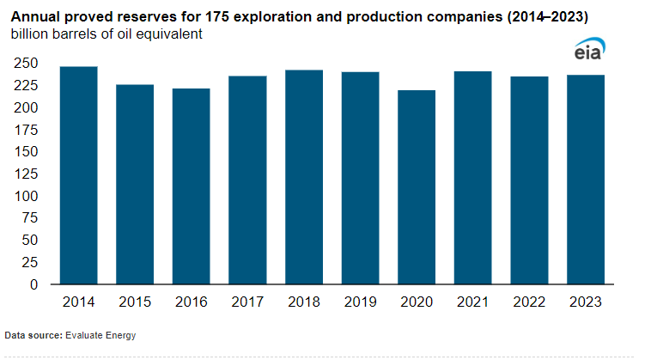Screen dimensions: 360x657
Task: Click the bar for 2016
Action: tap(190, 186)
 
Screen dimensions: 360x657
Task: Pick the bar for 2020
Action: tap(417, 186)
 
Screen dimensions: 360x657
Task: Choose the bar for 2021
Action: tap(473, 178)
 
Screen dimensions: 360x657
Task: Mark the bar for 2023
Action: tap(586, 180)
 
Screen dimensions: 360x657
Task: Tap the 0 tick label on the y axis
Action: tap(35, 284)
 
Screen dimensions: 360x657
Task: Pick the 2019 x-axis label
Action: tap(360, 303)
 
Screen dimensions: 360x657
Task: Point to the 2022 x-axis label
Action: tap(530, 303)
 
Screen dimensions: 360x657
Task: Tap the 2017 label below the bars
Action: tap(246, 303)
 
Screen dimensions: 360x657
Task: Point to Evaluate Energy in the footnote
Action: tap(100, 334)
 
